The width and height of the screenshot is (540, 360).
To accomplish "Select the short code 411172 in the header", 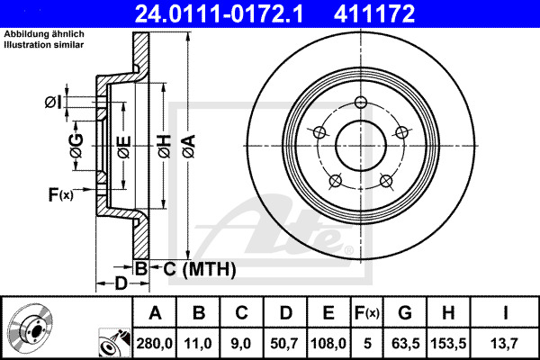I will point(401,14).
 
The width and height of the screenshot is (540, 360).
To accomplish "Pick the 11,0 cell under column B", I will point(200,343).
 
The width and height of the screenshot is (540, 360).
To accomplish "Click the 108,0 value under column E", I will point(329,343).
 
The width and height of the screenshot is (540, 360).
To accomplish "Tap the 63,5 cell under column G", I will point(407,343).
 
